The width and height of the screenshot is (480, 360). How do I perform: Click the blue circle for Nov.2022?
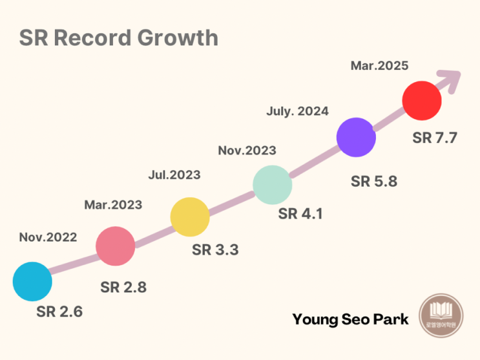coord(32,282)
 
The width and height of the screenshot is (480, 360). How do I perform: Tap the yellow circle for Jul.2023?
coord(190,217)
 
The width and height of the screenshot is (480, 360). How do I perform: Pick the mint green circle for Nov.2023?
coord(272,185)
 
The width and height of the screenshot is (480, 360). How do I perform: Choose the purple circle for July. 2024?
coord(356,137)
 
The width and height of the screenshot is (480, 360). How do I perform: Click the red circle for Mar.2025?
coord(422,101)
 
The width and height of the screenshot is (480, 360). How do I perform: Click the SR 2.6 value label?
coord(59,312)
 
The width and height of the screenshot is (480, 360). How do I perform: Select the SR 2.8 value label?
coord(123,288)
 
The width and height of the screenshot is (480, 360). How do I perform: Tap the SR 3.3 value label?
coord(215,249)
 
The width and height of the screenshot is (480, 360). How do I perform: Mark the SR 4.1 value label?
coord(300,214)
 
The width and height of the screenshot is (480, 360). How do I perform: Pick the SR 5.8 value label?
coord(374,181)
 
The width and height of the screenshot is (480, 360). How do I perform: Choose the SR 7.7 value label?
coord(435,138)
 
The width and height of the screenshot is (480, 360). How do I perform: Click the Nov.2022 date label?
coord(48,237)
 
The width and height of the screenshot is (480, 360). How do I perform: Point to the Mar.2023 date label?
coord(113,205)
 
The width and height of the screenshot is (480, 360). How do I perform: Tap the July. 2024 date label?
coord(297,111)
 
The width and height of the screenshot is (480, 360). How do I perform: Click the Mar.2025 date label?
coord(379,65)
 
